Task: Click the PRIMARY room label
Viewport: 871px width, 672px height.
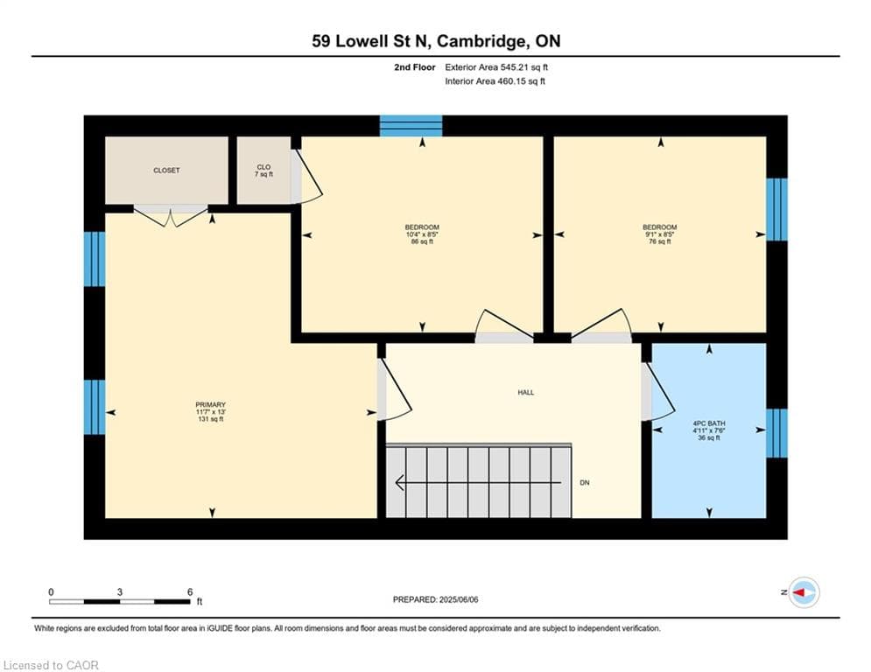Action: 211,411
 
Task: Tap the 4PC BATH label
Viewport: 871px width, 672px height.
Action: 709,430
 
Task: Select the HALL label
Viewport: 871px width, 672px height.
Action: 526,393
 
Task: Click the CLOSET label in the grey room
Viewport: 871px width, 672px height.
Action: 166,171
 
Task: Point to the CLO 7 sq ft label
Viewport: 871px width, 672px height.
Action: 263,171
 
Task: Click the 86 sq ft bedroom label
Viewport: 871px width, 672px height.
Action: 422,234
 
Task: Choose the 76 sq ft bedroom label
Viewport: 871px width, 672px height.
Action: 660,234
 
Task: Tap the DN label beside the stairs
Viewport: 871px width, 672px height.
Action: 585,483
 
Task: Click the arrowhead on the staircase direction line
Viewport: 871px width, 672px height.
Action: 399,483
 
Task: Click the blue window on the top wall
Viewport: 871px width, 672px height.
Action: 411,126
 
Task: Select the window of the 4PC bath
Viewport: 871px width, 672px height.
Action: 776,433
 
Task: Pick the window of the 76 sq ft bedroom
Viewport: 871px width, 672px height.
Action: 776,209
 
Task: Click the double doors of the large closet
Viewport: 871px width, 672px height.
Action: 171,215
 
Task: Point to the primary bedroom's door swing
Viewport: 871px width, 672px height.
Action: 395,388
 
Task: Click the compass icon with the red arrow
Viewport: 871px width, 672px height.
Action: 804,592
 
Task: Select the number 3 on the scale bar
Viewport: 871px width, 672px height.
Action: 119,592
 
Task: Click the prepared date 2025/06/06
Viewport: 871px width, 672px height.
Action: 459,599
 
